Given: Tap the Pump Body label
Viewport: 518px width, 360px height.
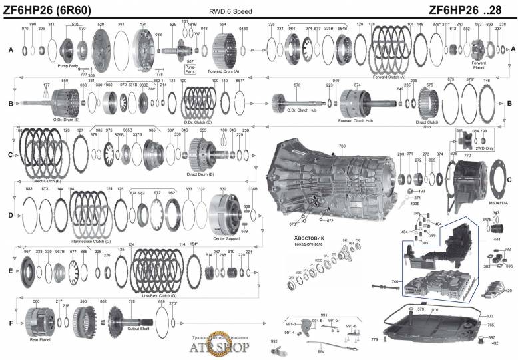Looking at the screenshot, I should pyautogui.click(x=68, y=66).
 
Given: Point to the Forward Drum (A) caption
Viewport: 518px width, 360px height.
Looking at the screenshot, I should pyautogui.click(x=224, y=71).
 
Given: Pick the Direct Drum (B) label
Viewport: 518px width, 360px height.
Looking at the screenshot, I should pyautogui.click(x=200, y=174).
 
